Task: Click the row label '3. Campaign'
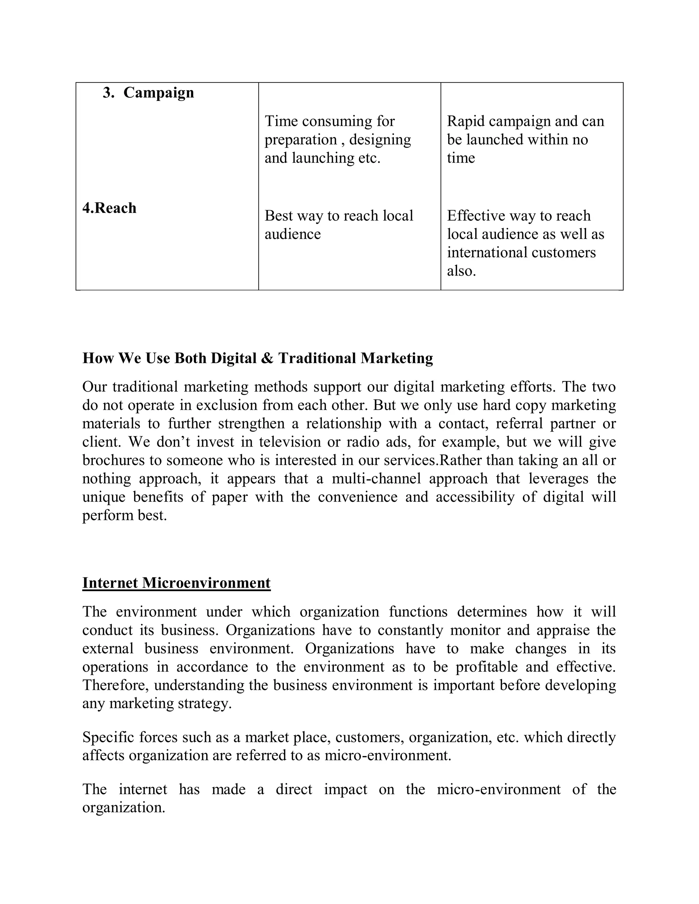tap(148, 92)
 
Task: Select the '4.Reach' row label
tap(109, 208)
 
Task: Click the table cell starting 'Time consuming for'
tap(338, 140)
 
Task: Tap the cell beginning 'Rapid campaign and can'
tap(525, 140)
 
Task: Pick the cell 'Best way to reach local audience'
tap(338, 225)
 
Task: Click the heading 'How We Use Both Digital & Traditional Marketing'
tap(258, 358)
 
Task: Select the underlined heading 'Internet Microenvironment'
tap(176, 583)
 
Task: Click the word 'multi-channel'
tap(375, 479)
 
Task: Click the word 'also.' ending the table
tap(461, 271)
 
